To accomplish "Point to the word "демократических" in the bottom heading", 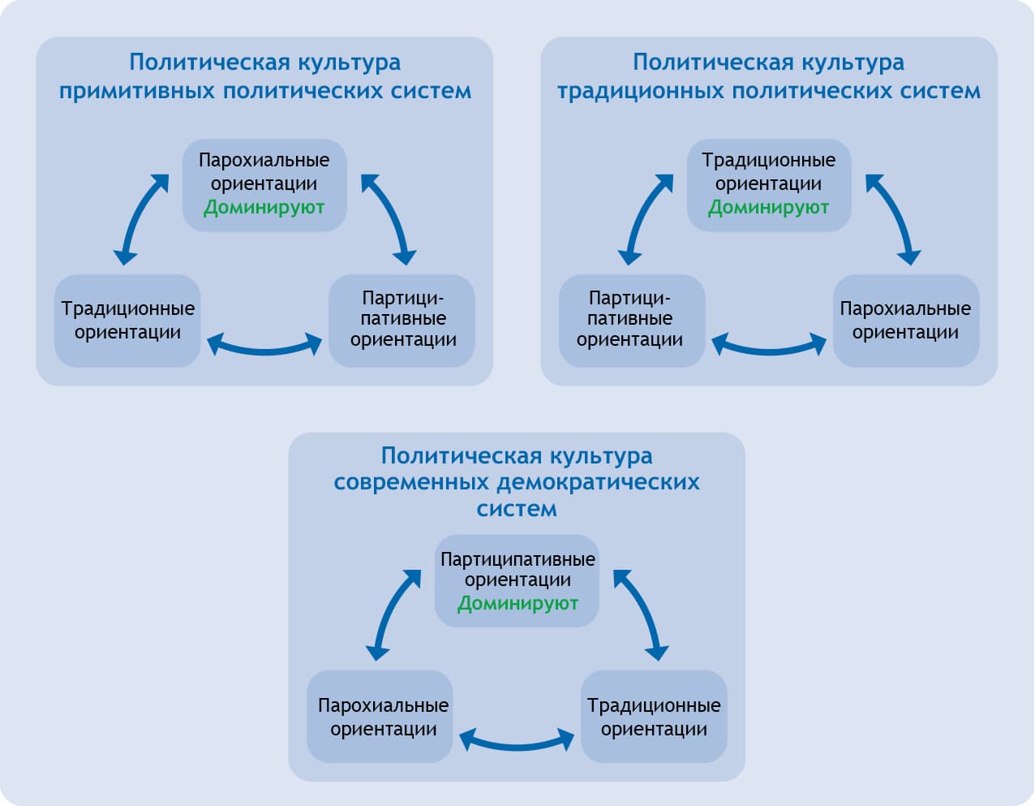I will coord(598,482).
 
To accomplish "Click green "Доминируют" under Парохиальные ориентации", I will coord(264,208).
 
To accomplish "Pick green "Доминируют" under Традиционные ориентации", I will coord(768,208).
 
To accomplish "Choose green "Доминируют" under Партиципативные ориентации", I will coord(517,603).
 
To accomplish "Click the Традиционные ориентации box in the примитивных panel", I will coord(127,321).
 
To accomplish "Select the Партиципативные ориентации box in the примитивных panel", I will coord(402,321).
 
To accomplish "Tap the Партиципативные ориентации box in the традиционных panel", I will coord(631,321).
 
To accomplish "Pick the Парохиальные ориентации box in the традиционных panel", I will coord(905,321).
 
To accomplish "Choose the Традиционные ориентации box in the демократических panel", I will coord(654,717).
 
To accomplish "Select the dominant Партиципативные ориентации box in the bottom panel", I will coord(517,580).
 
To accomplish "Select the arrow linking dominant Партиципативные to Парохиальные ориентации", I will coord(392,613).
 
